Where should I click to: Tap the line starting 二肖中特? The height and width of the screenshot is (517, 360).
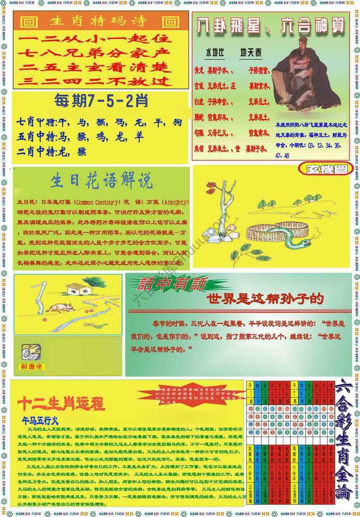[52, 152]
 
